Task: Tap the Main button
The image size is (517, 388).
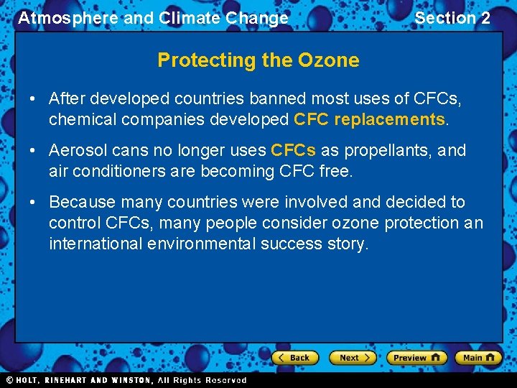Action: [478, 357]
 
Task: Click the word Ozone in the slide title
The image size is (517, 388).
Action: [330, 60]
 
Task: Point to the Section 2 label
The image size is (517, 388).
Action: [452, 18]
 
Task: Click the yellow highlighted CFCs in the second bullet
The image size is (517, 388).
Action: [293, 150]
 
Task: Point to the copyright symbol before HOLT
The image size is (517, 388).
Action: [9, 380]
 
